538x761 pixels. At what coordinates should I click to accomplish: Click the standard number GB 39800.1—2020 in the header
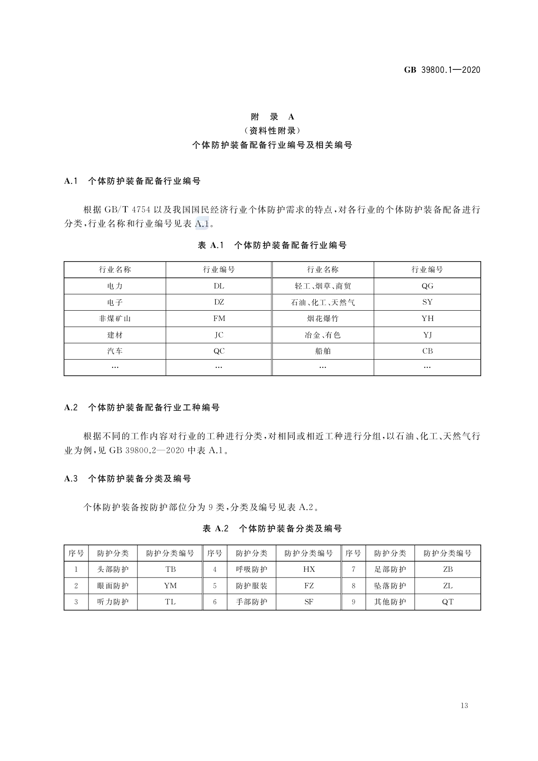point(442,70)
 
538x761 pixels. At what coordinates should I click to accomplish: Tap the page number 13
point(464,705)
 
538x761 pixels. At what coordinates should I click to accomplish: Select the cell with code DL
point(219,286)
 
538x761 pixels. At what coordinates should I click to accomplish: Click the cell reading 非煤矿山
point(115,318)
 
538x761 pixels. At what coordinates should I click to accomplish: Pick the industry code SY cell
point(427,302)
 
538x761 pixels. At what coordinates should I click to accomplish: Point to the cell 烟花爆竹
point(323,318)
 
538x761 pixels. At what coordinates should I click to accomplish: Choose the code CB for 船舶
point(427,351)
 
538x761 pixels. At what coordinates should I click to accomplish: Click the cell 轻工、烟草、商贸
point(323,286)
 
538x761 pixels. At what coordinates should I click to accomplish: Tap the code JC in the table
point(219,335)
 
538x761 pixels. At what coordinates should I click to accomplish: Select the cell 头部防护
point(113,569)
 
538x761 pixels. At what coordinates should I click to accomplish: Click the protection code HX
point(309,569)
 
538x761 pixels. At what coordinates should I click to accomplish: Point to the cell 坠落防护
point(390,586)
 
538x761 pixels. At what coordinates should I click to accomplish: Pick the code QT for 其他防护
point(447,602)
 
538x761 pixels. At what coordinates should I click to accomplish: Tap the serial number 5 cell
point(215,586)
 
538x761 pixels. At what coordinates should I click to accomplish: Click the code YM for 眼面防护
point(170,586)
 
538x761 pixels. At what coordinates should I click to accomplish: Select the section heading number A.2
point(71,407)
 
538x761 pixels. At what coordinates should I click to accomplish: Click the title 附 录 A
point(272,117)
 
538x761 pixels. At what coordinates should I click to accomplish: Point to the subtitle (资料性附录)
point(272,131)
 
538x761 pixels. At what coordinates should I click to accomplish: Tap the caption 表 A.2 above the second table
point(215,528)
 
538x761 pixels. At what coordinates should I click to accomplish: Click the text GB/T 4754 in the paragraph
point(127,210)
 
